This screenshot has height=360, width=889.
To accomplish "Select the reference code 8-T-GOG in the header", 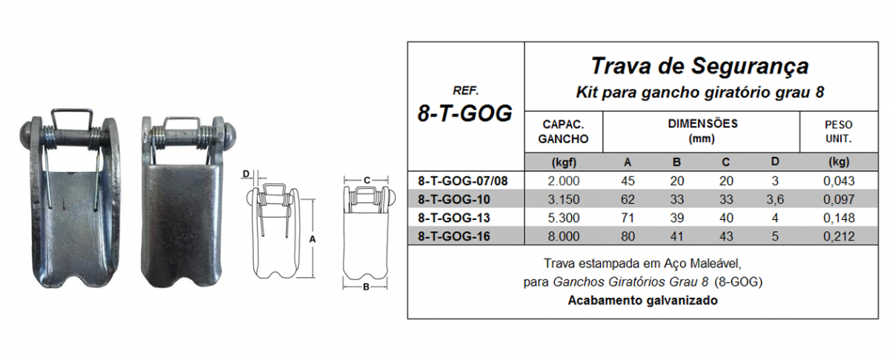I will point(466,113).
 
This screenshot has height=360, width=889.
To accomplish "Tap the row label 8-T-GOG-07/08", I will point(466,180).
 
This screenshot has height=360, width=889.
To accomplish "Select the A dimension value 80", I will point(630,236).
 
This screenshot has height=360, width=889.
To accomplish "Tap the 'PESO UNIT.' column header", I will point(838,131).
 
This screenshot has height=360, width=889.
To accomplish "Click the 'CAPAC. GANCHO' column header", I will point(565,131).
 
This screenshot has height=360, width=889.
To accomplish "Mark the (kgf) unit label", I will point(565,161).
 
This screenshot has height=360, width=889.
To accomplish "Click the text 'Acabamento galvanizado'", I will point(643,301).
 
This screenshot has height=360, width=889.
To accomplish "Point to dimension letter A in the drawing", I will point(312,239).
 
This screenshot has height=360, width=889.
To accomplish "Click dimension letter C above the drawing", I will point(367,179).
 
